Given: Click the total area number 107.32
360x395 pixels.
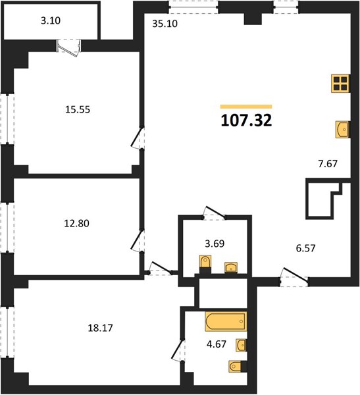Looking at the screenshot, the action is click(x=246, y=120).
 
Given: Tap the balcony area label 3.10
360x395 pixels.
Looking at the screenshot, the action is click(x=51, y=20).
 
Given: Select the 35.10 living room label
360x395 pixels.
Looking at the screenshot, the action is click(x=165, y=24).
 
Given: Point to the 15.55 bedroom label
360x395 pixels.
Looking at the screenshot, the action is click(x=78, y=109).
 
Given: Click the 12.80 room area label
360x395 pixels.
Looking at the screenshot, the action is click(x=76, y=223).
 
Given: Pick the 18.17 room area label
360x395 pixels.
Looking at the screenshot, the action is click(x=100, y=328).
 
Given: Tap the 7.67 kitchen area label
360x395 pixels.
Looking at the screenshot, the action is click(x=328, y=164).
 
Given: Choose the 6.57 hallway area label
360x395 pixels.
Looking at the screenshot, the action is click(x=305, y=248).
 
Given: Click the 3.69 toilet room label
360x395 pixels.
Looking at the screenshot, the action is click(x=215, y=244).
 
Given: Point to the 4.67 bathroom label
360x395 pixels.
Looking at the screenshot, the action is click(x=217, y=344).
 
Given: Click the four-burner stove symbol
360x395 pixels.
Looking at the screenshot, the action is click(x=340, y=84).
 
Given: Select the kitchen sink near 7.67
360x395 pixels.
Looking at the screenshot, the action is click(x=342, y=130).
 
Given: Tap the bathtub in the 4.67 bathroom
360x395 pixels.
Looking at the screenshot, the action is click(x=226, y=321).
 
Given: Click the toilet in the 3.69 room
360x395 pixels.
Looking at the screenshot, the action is click(x=205, y=262).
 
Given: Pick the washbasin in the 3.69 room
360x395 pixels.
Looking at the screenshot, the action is click(x=231, y=267).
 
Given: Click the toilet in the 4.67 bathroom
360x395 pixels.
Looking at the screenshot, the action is click(x=236, y=366).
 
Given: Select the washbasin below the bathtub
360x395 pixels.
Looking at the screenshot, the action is click(x=241, y=345).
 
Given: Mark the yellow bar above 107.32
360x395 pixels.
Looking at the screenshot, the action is click(x=246, y=107).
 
